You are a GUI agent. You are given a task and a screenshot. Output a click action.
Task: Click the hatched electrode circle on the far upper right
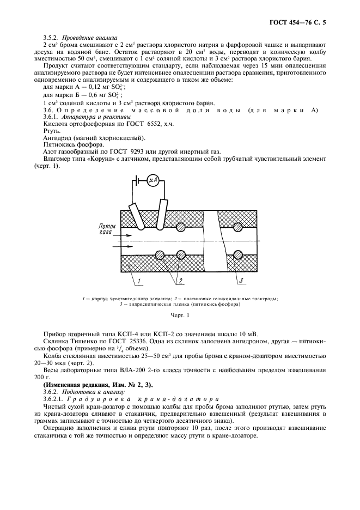pyautogui.click(x=237, y=226)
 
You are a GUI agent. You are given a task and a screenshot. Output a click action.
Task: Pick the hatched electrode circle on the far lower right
pyautogui.click(x=237, y=254)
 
